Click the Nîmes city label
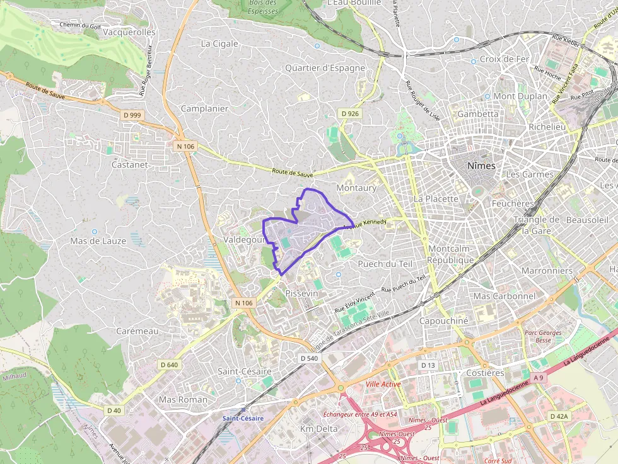[481, 166]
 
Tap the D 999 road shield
[133, 115]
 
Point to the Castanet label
[129, 164]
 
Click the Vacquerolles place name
[129, 32]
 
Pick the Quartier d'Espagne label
[325, 68]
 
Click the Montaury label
[356, 188]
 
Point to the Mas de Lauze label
[98, 241]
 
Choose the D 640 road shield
[169, 365]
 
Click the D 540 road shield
[310, 358]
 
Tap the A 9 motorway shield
[537, 377]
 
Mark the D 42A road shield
[559, 416]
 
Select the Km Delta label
[318, 429]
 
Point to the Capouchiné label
[444, 320]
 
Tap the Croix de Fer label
[504, 59]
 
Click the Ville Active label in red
[383, 384]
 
